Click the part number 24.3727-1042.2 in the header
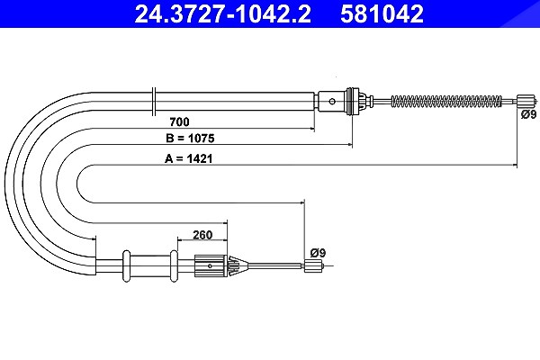[222, 13]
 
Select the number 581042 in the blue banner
[382, 13]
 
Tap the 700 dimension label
[179, 121]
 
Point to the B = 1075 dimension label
[190, 138]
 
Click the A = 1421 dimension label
[188, 158]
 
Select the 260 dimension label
[202, 235]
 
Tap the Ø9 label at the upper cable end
[528, 114]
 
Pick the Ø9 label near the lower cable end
[318, 253]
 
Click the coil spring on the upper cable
[446, 101]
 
